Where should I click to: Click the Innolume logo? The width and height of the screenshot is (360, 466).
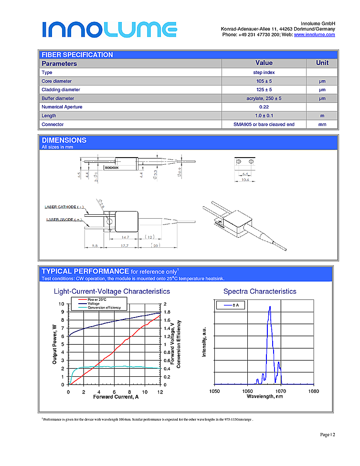(x=109, y=29)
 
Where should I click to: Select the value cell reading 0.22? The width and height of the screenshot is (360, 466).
(x=264, y=107)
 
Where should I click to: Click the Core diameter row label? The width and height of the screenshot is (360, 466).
(x=56, y=81)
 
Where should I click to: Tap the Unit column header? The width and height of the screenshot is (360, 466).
(x=322, y=63)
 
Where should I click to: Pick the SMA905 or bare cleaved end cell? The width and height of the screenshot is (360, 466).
(x=264, y=125)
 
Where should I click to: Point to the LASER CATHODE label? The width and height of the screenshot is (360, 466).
(x=64, y=207)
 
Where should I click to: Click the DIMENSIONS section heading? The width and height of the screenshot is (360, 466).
(x=64, y=140)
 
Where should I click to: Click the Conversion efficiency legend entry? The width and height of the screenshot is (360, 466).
(x=104, y=308)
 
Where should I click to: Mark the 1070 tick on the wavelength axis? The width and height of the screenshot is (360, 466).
(x=280, y=392)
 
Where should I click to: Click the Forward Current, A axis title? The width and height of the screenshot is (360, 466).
(x=116, y=397)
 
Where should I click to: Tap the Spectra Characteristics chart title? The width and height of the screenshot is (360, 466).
(x=260, y=291)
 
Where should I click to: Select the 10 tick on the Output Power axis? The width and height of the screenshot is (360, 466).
(x=61, y=304)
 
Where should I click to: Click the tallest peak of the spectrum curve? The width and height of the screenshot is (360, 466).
(x=270, y=307)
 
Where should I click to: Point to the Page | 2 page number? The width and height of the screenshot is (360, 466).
(x=328, y=434)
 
